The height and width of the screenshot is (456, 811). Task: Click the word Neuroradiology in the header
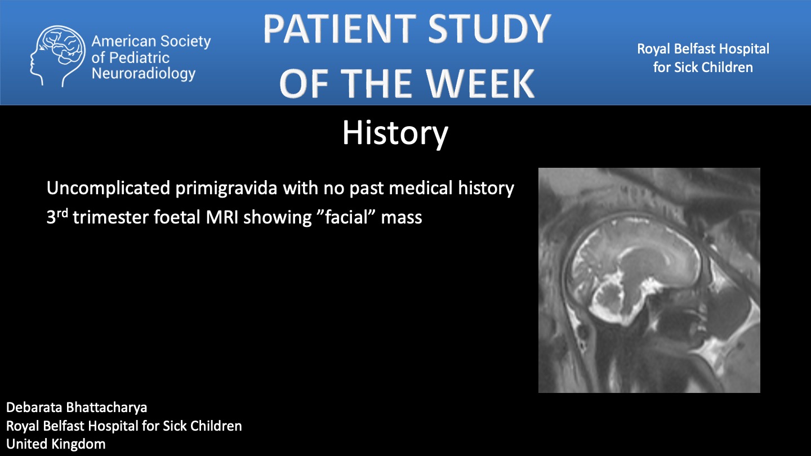[x=144, y=74]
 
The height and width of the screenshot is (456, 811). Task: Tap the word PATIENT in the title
[x=340, y=29]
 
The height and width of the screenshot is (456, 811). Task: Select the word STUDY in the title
[x=489, y=29]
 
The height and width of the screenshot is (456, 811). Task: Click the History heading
[x=395, y=133]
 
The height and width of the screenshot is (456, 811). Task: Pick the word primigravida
[x=226, y=189]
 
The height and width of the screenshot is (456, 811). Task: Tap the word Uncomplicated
[x=108, y=189]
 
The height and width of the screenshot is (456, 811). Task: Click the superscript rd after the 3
[x=63, y=213]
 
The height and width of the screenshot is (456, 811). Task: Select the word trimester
[x=111, y=217]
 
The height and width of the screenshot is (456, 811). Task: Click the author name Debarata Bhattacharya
[x=77, y=408]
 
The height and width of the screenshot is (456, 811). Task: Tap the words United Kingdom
[x=56, y=444]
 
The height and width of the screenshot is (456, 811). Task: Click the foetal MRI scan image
[x=649, y=280]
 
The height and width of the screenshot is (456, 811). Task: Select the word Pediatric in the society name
[x=140, y=58]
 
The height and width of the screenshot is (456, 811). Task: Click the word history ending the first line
[x=486, y=189]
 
